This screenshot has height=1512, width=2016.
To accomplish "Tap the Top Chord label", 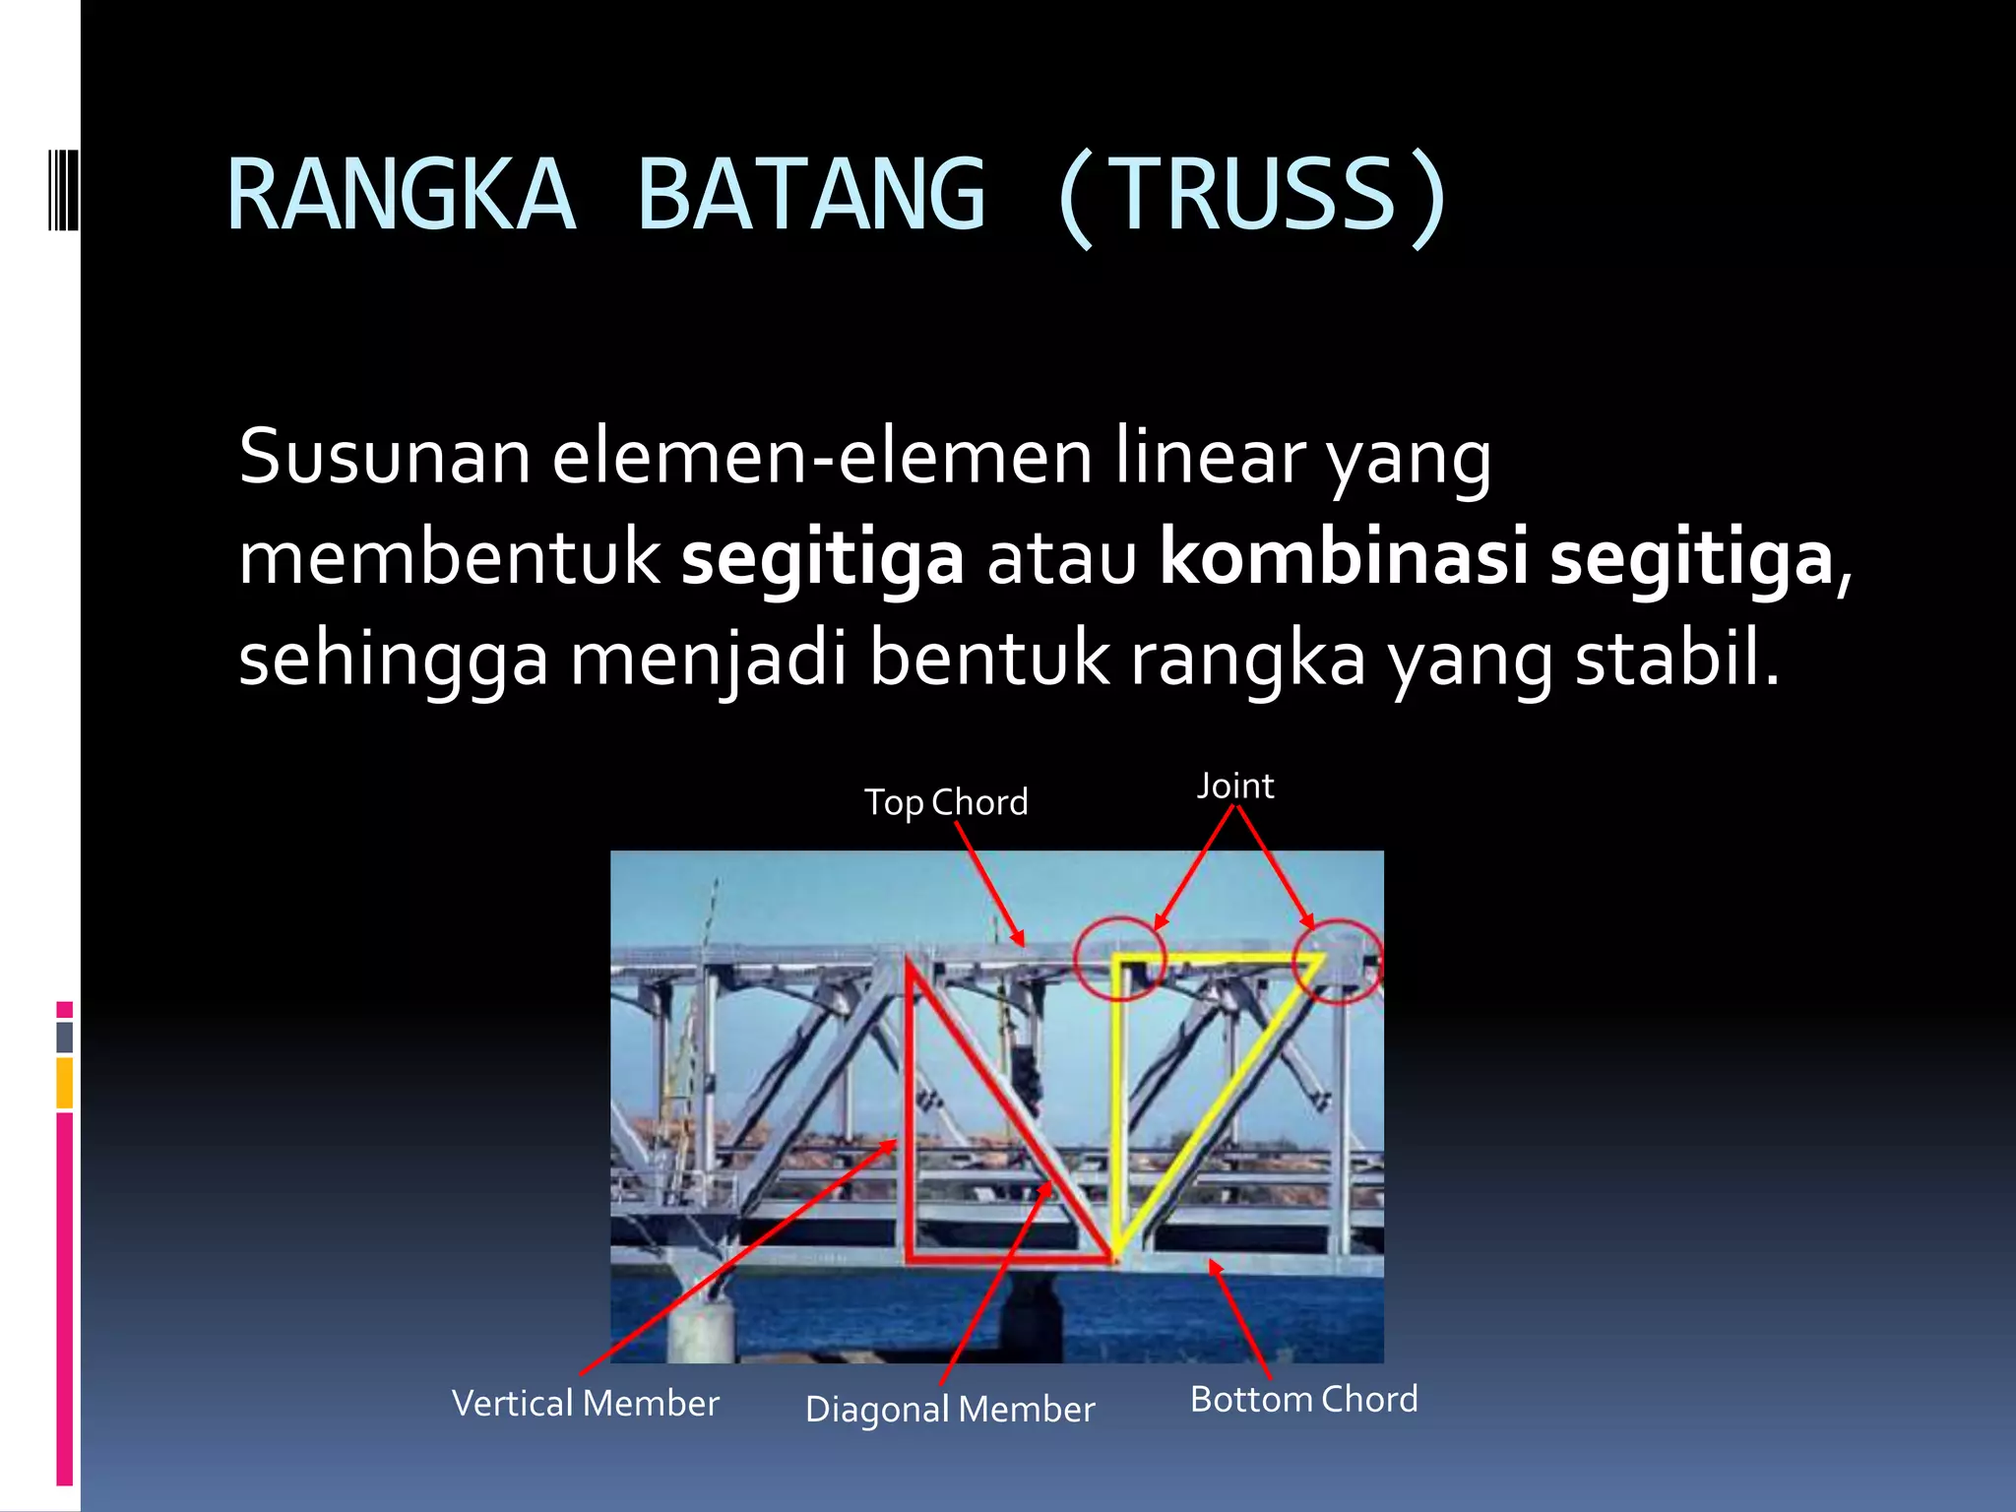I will pos(946,802).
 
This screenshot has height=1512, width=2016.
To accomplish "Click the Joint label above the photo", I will pos(1235,787).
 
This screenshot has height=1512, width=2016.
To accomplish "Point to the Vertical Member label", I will pos(585,1403).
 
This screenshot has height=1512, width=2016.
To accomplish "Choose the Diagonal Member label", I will pos(949,1409).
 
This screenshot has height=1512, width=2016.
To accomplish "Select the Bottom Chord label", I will pos(1303,1399).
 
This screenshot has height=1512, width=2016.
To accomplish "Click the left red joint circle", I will pos(1119,958).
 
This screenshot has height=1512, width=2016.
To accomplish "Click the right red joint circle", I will pos(1338,960).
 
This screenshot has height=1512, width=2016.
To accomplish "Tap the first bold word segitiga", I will pos(822,558).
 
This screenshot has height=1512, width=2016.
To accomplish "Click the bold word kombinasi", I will pos(1344,558).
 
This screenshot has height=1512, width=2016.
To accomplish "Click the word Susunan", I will pos(384,458).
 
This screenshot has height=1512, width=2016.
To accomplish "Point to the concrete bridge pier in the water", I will pos(701,1324).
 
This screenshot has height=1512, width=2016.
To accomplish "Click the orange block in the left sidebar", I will pos(64,1083).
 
